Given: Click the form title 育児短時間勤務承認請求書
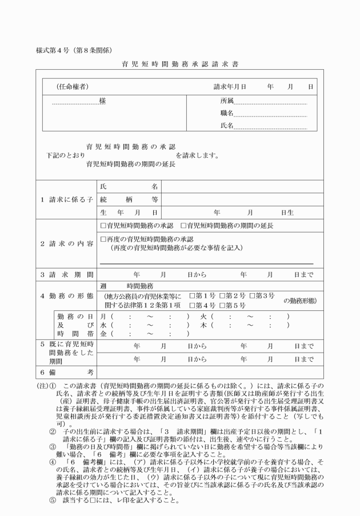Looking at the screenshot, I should click(x=180, y=64).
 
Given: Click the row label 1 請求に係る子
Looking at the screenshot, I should click(x=66, y=199).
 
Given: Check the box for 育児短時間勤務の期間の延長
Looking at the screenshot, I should click(x=184, y=226).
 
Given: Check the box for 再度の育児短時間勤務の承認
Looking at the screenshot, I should click(x=103, y=238).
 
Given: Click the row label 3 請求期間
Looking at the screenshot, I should click(x=66, y=275).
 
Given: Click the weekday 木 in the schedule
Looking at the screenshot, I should click(x=203, y=324).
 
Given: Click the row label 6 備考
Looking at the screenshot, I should click(x=66, y=372).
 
